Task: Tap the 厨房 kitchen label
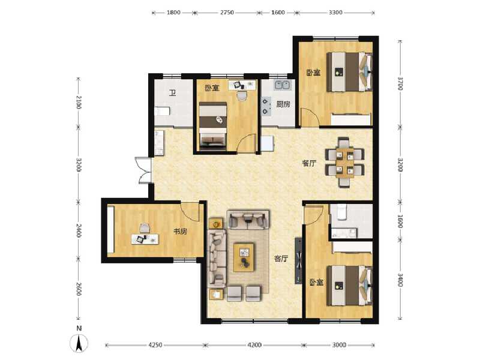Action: click(283, 104)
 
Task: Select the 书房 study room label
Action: click(180, 231)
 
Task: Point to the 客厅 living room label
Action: click(281, 259)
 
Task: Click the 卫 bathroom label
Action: click(172, 93)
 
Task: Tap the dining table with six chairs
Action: click(344, 160)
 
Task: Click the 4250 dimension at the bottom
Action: click(155, 345)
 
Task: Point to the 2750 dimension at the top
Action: click(227, 12)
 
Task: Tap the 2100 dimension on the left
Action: click(77, 103)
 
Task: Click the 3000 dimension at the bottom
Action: click(339, 345)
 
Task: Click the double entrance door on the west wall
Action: click(144, 170)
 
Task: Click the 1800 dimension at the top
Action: click(174, 12)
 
